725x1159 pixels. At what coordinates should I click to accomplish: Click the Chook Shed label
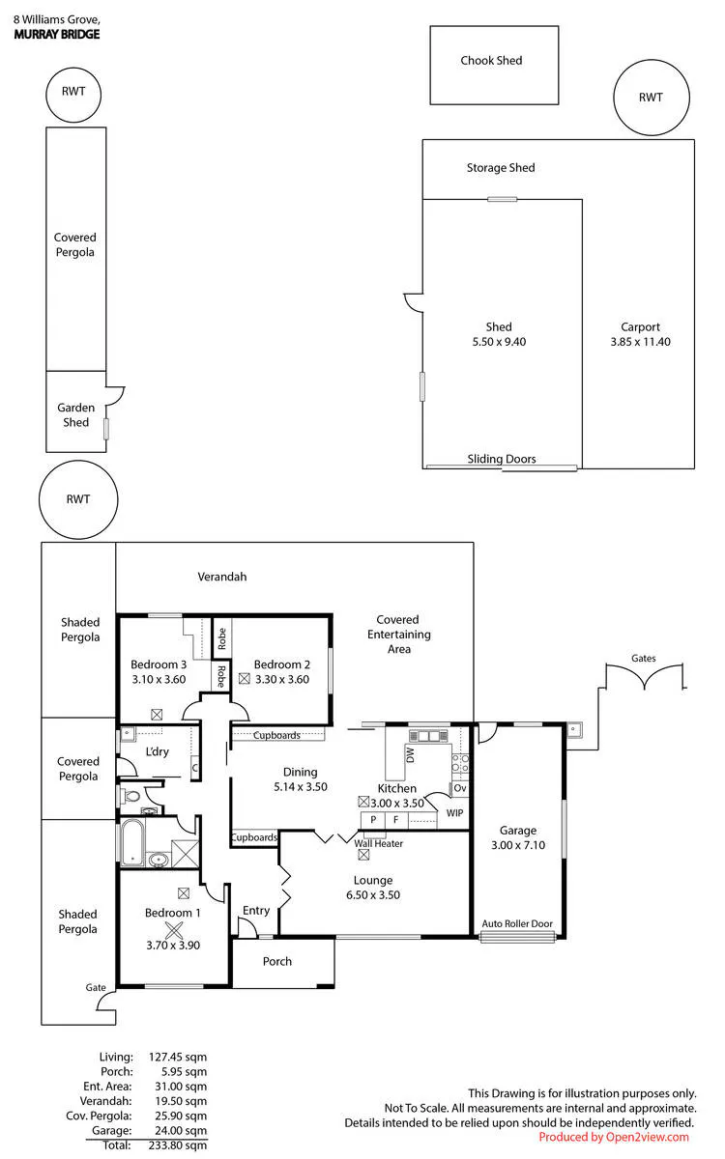tap(491, 61)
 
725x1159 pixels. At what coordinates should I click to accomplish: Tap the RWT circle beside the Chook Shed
tap(652, 60)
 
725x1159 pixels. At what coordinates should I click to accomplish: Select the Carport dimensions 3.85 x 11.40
tap(640, 342)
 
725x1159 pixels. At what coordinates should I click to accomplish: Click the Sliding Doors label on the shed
tap(502, 459)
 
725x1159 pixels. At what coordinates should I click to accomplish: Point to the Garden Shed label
tap(75, 415)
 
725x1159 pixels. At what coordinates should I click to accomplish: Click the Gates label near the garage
tap(643, 658)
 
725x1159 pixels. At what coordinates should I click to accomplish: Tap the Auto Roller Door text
tap(517, 923)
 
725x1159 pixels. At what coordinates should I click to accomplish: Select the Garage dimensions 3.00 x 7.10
tap(518, 845)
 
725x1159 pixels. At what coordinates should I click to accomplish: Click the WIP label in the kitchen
tap(454, 813)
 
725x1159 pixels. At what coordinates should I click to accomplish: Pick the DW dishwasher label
tap(410, 755)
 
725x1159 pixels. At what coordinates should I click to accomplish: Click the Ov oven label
tap(460, 788)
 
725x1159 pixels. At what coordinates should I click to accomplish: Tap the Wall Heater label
tap(378, 843)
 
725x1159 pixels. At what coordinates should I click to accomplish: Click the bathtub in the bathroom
tap(133, 842)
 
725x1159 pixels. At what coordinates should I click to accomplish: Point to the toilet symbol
tap(130, 796)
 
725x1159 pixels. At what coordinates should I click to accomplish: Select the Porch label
tap(277, 961)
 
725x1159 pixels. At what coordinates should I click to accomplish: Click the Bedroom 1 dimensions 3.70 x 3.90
tap(173, 946)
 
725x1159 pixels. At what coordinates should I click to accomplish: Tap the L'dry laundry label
tap(157, 751)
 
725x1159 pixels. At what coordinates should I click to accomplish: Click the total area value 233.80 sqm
tap(178, 1145)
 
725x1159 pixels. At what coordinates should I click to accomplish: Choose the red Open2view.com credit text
tap(614, 1137)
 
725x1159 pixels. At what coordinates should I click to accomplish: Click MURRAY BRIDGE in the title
tap(57, 35)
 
